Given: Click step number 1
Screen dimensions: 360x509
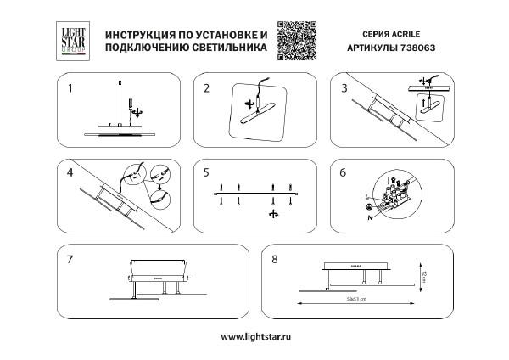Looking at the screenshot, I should (71, 88).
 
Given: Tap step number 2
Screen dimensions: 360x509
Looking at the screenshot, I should (206, 88).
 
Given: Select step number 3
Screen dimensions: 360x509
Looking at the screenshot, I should (344, 88).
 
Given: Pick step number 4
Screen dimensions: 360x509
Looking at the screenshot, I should (71, 172).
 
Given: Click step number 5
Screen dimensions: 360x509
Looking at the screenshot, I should (206, 172).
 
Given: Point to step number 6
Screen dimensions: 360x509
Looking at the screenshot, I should (344, 172).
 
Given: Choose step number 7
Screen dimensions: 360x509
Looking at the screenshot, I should (71, 256).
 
